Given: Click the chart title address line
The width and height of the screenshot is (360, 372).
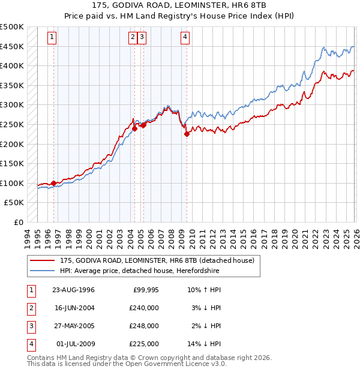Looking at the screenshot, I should click(179, 5).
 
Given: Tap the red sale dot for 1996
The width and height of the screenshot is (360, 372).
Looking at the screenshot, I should click(53, 183).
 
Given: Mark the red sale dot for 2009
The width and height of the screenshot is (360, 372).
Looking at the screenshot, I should click(187, 134).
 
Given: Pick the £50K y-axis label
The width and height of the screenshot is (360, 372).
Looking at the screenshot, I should click(14, 203).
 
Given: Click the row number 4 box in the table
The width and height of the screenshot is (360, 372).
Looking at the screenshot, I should click(31, 344).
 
